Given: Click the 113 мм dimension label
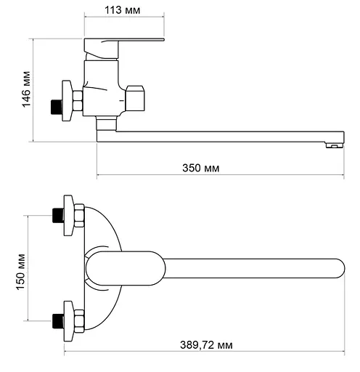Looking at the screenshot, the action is pyautogui.click(x=122, y=10).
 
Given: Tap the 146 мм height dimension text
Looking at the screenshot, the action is pyautogui.click(x=26, y=89).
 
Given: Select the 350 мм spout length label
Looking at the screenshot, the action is pyautogui.click(x=201, y=168).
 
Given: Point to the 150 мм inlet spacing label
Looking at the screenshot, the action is pyautogui.click(x=20, y=272).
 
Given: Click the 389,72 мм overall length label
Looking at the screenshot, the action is pyautogui.click(x=206, y=345).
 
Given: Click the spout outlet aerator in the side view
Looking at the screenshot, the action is pyautogui.click(x=335, y=145).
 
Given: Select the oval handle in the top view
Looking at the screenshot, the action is pyautogui.click(x=126, y=268).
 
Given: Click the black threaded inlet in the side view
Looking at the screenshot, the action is pyautogui.click(x=57, y=107).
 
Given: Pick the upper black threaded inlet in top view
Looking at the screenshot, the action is pyautogui.click(x=58, y=215).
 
